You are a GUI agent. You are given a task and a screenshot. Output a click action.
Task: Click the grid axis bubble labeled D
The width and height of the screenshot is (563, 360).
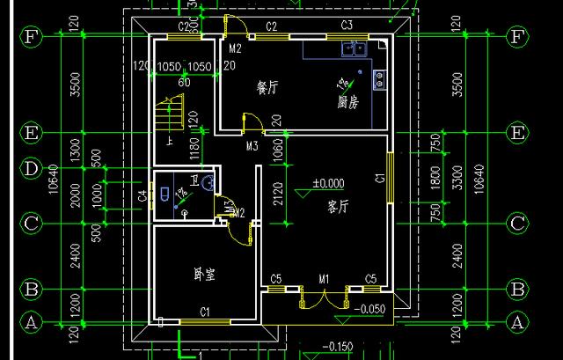tap(31, 167)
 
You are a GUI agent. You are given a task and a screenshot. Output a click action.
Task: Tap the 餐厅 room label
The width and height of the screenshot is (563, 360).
tap(267, 88)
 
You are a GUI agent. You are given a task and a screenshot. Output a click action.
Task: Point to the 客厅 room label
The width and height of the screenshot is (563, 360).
tap(339, 207)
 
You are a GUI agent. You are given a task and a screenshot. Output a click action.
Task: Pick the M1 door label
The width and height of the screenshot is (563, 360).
tap(324, 280)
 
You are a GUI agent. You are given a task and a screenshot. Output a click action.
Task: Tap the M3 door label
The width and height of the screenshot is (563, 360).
tap(252, 145)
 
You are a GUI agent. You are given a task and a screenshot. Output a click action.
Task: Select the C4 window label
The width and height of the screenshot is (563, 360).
tap(143, 195)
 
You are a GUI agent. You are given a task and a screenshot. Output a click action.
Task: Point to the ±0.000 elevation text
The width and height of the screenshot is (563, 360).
tap(329, 184)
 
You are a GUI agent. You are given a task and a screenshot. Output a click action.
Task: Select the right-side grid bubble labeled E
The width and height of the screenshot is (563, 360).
tap(518, 133)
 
